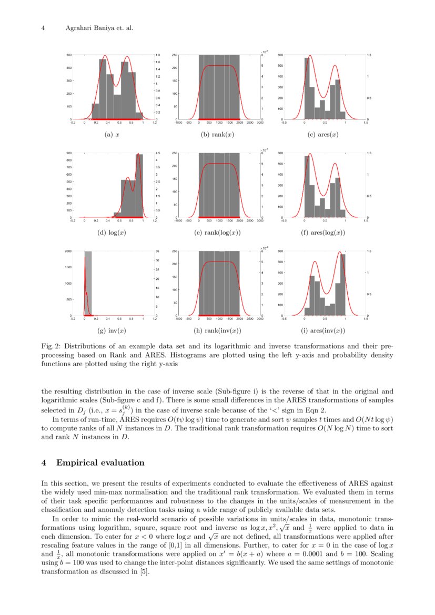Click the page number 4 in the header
click(43, 28)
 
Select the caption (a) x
click(112, 135)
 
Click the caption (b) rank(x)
click(217, 135)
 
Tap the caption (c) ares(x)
click(323, 135)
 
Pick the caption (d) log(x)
click(112, 233)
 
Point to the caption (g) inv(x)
click(112, 331)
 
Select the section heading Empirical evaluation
click(100, 463)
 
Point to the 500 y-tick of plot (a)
click(69, 55)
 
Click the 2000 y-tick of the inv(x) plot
click(68, 251)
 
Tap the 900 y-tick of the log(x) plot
click(69, 153)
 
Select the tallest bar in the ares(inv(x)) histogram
click(343, 285)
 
